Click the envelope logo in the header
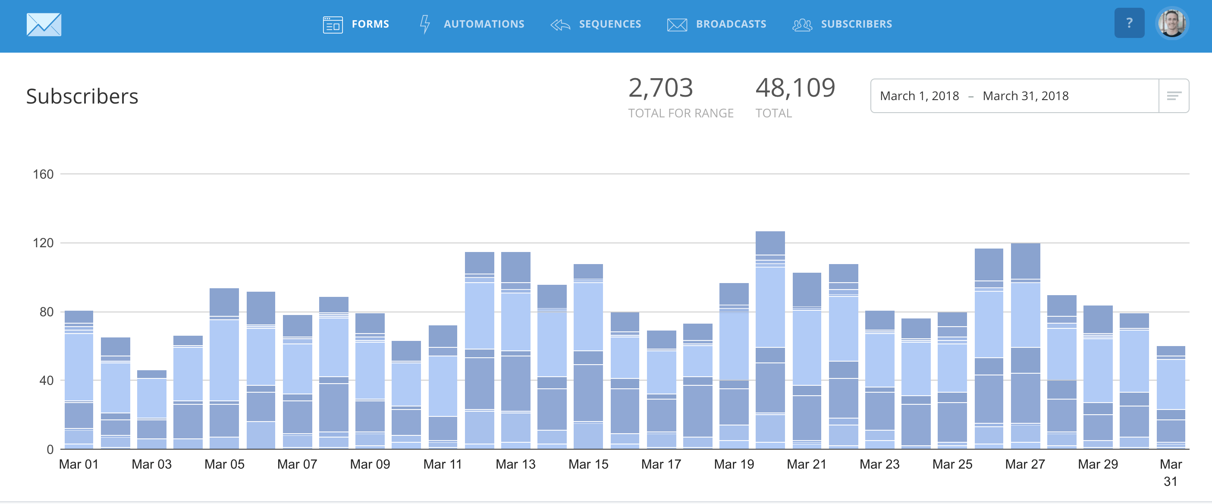click(x=44, y=25)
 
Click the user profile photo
click(x=1171, y=23)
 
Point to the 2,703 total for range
click(x=661, y=88)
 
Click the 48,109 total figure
click(x=795, y=88)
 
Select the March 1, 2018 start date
click(x=919, y=96)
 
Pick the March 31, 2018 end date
click(x=1026, y=96)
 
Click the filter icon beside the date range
click(x=1174, y=96)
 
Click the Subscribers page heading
click(x=82, y=97)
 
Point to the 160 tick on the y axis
click(x=43, y=175)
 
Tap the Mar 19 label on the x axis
click(x=734, y=464)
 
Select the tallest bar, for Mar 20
click(x=770, y=339)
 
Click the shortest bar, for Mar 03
click(x=151, y=409)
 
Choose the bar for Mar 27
click(x=1025, y=346)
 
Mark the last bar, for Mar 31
click(x=1171, y=398)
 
